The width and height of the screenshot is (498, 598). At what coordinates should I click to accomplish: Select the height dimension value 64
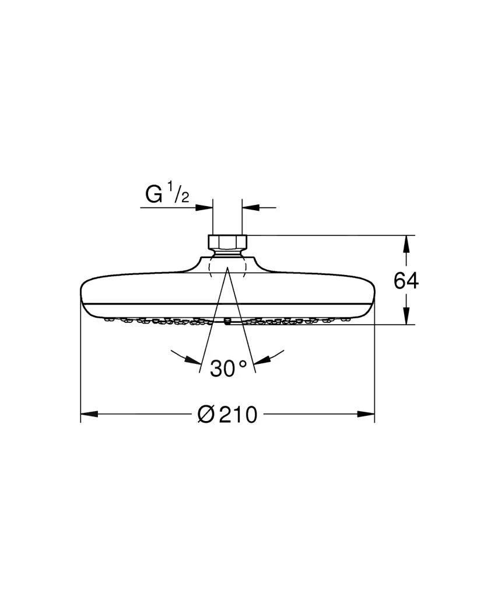coord(406,281)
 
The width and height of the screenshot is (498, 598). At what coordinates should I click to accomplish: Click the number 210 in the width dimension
coord(238,415)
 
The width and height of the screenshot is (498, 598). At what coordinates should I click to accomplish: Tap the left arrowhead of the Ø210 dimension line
coord(87,414)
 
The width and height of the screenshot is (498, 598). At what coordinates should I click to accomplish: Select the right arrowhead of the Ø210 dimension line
coord(367,414)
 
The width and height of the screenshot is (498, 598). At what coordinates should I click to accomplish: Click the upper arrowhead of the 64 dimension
coord(406,242)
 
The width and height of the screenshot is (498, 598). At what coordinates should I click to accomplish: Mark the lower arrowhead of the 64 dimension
coord(406,317)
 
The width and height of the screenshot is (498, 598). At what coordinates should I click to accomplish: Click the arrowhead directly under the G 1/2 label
coord(205,207)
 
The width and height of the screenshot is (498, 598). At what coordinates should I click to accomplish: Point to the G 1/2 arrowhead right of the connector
coord(250,207)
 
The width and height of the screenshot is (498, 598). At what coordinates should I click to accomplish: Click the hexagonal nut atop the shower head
coord(227,242)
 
